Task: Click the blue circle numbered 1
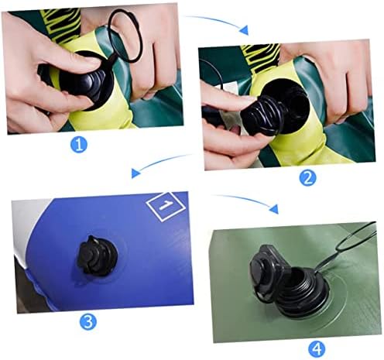[x=79, y=145]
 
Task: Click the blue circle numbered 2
[x=307, y=178]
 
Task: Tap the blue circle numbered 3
[x=87, y=322]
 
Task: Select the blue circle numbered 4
[x=317, y=349]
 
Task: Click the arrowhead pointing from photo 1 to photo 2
[x=244, y=30]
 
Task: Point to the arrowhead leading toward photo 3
[x=135, y=173]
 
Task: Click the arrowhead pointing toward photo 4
[x=274, y=208]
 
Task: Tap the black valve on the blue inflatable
[x=97, y=256]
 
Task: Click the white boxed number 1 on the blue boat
[x=166, y=206]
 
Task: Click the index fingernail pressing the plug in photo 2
[x=246, y=100]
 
